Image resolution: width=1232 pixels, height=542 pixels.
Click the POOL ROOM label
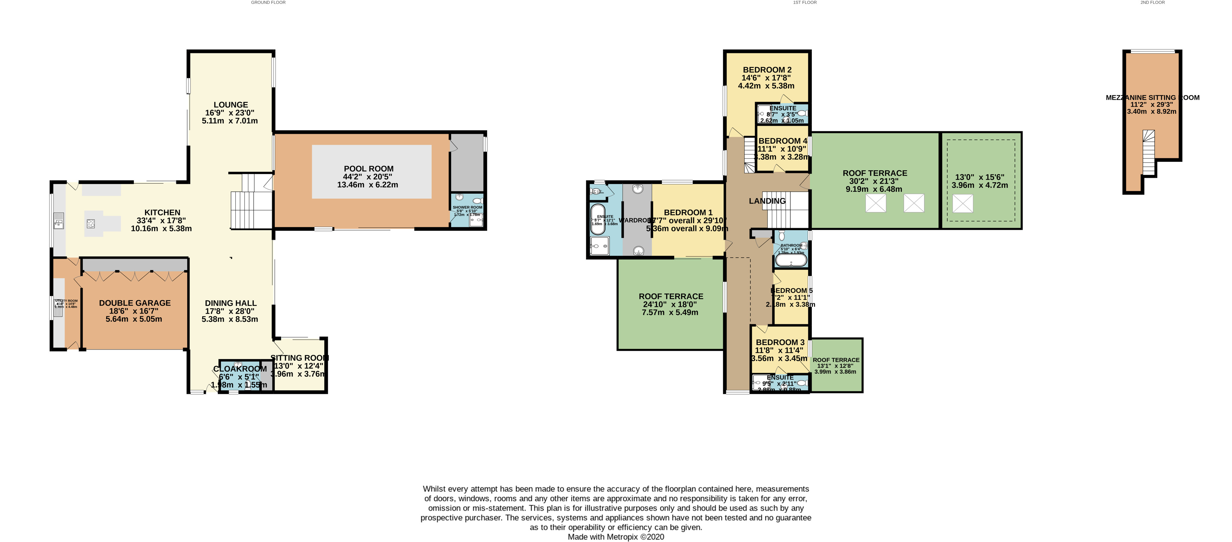click(368, 169)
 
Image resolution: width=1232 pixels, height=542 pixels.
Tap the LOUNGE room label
click(230, 105)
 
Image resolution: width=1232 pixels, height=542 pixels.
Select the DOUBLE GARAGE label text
click(135, 303)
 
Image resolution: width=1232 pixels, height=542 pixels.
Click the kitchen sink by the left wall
click(59, 221)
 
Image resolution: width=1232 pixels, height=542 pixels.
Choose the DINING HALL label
click(230, 303)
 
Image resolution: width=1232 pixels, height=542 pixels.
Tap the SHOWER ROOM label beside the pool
click(467, 207)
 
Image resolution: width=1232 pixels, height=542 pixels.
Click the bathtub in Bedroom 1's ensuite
click(597, 219)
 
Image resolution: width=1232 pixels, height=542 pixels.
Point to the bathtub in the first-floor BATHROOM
click(790, 260)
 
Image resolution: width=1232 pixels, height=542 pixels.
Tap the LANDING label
click(767, 201)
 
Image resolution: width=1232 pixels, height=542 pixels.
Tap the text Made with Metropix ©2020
click(615, 537)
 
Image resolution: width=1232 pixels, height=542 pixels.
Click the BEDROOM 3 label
click(780, 342)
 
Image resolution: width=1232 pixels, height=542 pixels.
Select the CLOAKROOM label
click(240, 369)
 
